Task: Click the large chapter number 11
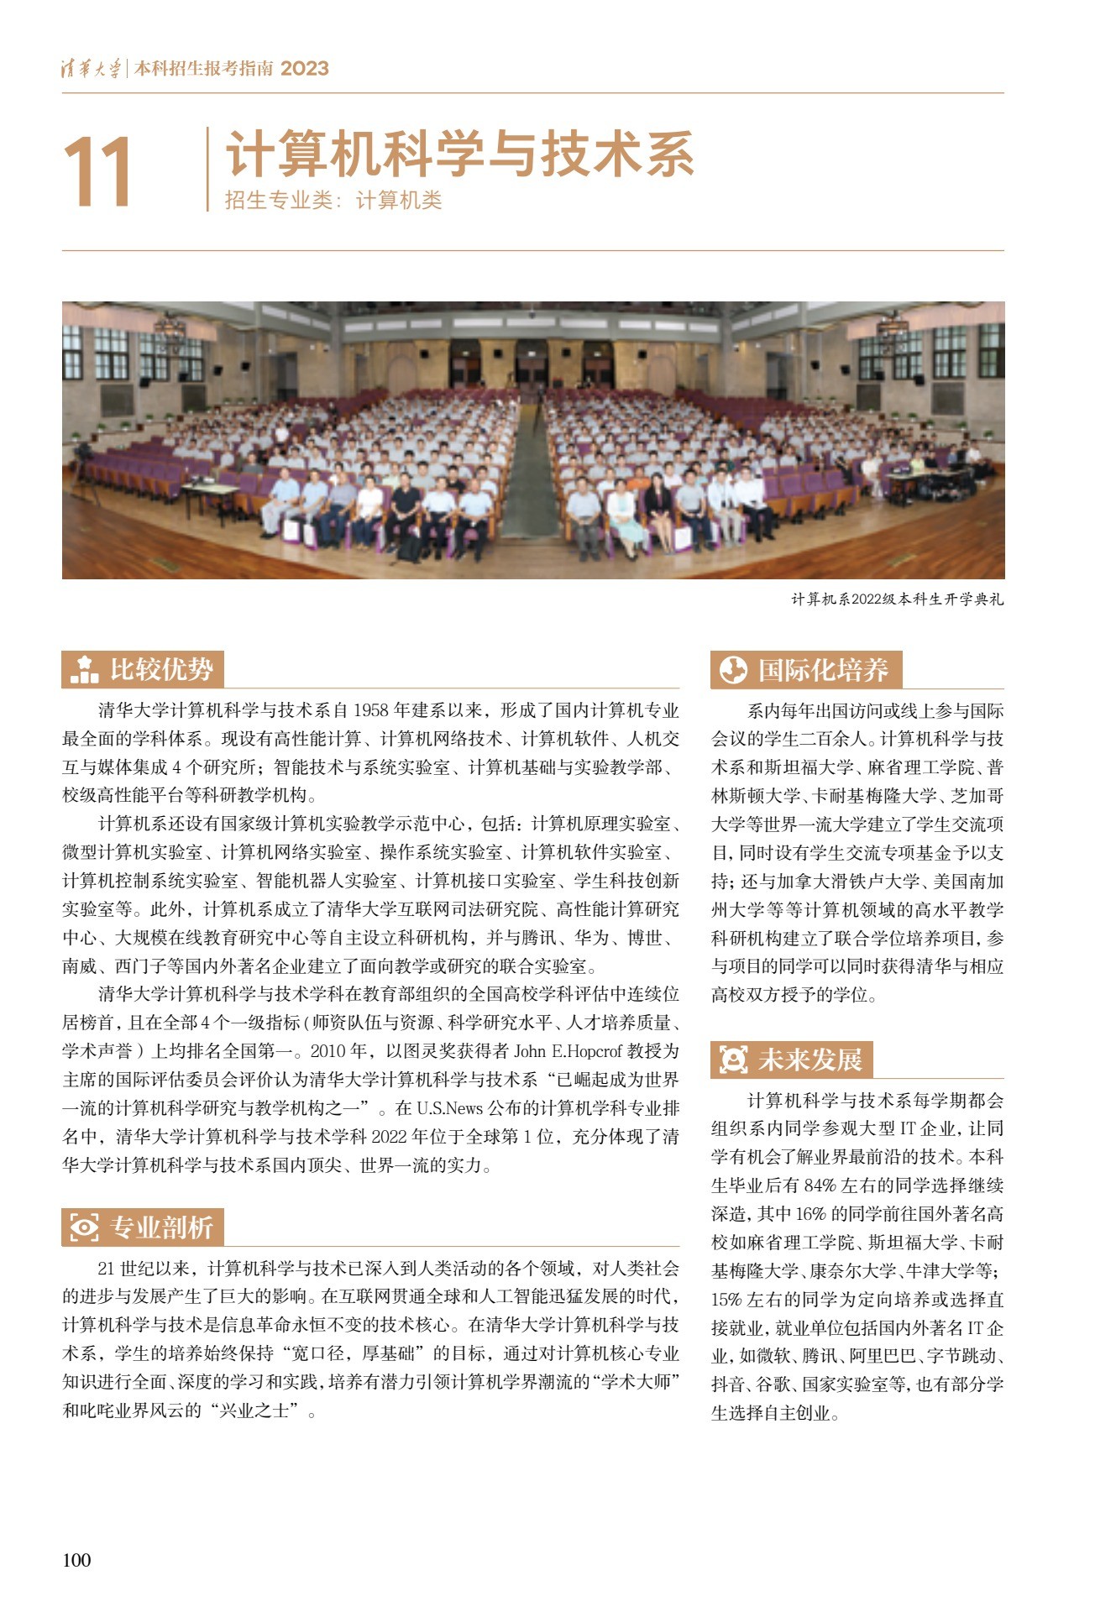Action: click(x=97, y=171)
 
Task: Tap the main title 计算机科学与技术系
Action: click(x=459, y=154)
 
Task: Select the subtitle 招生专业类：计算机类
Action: click(x=333, y=201)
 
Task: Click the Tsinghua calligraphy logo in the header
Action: click(x=91, y=69)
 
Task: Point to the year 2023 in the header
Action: click(x=304, y=69)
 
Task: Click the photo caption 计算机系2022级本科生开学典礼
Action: click(x=897, y=599)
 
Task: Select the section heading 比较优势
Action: click(x=161, y=669)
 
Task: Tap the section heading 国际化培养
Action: click(x=822, y=670)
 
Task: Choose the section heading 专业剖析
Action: click(x=161, y=1227)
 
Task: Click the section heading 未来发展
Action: click(x=809, y=1060)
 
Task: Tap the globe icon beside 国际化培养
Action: click(x=733, y=670)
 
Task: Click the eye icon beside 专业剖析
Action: click(x=84, y=1227)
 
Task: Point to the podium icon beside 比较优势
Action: click(x=84, y=670)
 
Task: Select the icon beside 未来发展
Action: click(x=733, y=1060)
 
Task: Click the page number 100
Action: click(x=76, y=1559)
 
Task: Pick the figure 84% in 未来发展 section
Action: click(x=820, y=1185)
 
